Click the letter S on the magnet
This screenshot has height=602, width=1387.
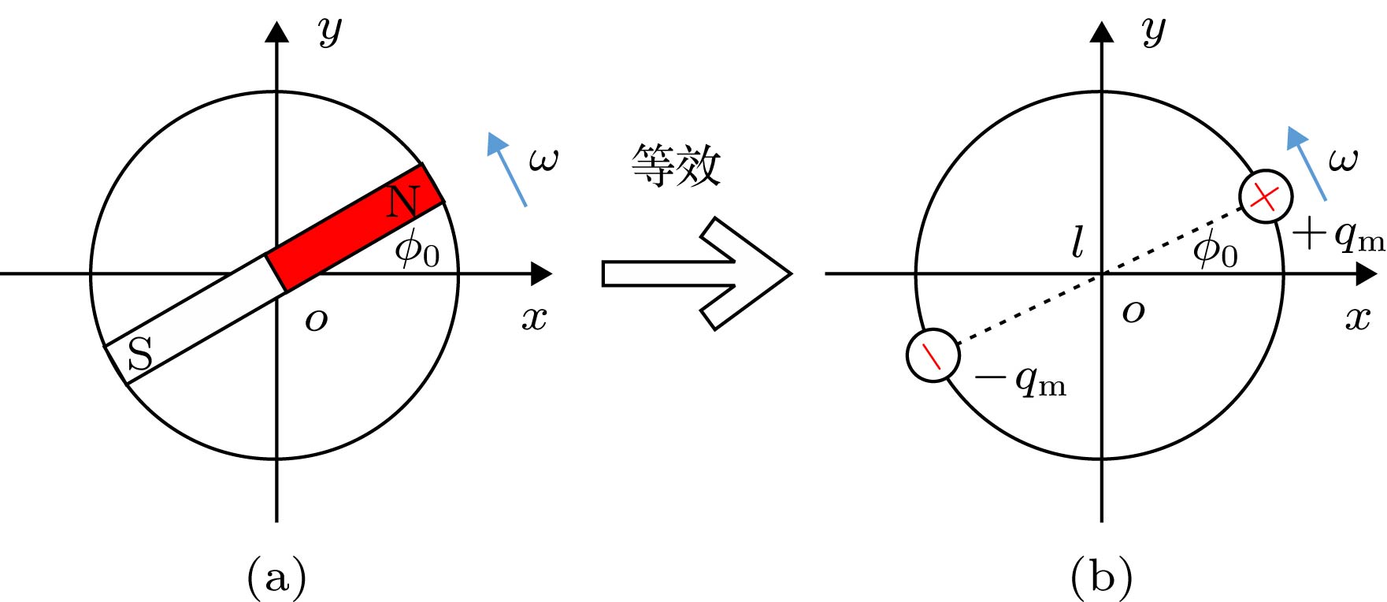coord(139,354)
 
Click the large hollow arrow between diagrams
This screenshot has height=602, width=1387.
coord(696,273)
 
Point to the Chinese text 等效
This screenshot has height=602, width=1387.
coord(675,166)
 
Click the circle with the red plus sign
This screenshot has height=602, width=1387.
coord(1265,196)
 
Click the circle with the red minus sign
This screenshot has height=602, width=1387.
coord(933,355)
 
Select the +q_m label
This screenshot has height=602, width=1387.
coord(1338,236)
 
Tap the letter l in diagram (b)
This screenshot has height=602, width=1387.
coord(1077,242)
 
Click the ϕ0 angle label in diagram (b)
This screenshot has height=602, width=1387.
coord(1215,250)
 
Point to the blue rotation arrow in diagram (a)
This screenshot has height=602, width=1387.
coord(506,169)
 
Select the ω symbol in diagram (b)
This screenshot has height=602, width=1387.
coord(1343,160)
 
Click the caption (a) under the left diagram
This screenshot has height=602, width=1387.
coord(276,578)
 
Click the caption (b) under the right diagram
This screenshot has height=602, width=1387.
coord(1101,578)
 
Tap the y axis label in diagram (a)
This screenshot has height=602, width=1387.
coord(330,32)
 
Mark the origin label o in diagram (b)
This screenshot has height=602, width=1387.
coord(1133,312)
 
